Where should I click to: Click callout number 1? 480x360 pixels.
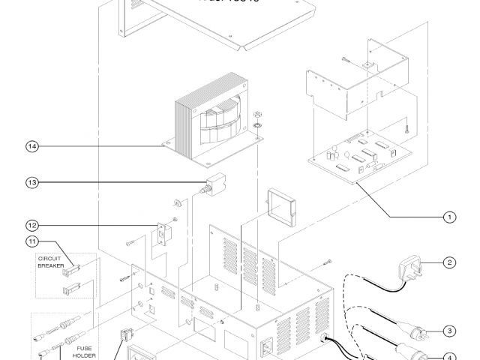point(449,217)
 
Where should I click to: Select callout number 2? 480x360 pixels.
point(449,262)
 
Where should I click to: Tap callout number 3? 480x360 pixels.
point(449,331)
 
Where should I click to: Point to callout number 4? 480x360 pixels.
point(449,357)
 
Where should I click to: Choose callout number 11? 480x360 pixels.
point(32,241)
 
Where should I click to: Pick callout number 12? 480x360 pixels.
point(32,224)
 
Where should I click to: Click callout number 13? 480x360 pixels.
point(32,181)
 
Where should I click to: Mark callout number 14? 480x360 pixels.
point(32,146)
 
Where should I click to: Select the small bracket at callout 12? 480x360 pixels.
point(163,235)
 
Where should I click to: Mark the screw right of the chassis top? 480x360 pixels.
point(328,261)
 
